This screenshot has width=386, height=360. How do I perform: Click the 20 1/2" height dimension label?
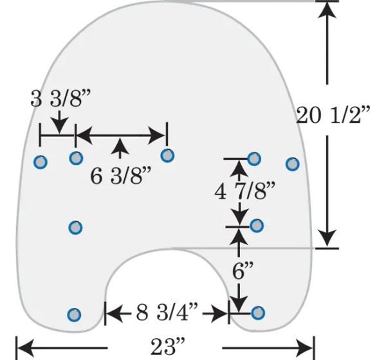333,114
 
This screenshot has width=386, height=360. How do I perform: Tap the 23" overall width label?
168,346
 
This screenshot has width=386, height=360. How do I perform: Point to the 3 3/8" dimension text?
61,98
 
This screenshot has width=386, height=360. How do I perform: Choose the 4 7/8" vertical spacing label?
244,191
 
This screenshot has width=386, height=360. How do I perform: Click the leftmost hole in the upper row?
41,162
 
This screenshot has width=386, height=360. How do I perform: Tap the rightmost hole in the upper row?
293,164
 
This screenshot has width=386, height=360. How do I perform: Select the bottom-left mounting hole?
74,314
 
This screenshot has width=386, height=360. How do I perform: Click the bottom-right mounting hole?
258,313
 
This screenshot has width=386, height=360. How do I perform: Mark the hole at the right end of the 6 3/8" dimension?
167,156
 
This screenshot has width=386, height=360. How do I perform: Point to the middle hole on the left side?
75,228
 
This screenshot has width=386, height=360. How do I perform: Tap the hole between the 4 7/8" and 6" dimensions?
257,226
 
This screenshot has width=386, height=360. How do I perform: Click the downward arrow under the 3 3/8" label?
60,122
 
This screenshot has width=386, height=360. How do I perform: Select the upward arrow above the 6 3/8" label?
120,148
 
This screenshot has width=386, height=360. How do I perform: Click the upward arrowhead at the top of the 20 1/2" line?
327,10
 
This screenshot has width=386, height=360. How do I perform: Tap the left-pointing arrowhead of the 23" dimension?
26,348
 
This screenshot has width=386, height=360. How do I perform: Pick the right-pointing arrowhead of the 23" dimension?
304,348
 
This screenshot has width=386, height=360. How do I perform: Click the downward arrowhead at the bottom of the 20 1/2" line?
327,239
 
